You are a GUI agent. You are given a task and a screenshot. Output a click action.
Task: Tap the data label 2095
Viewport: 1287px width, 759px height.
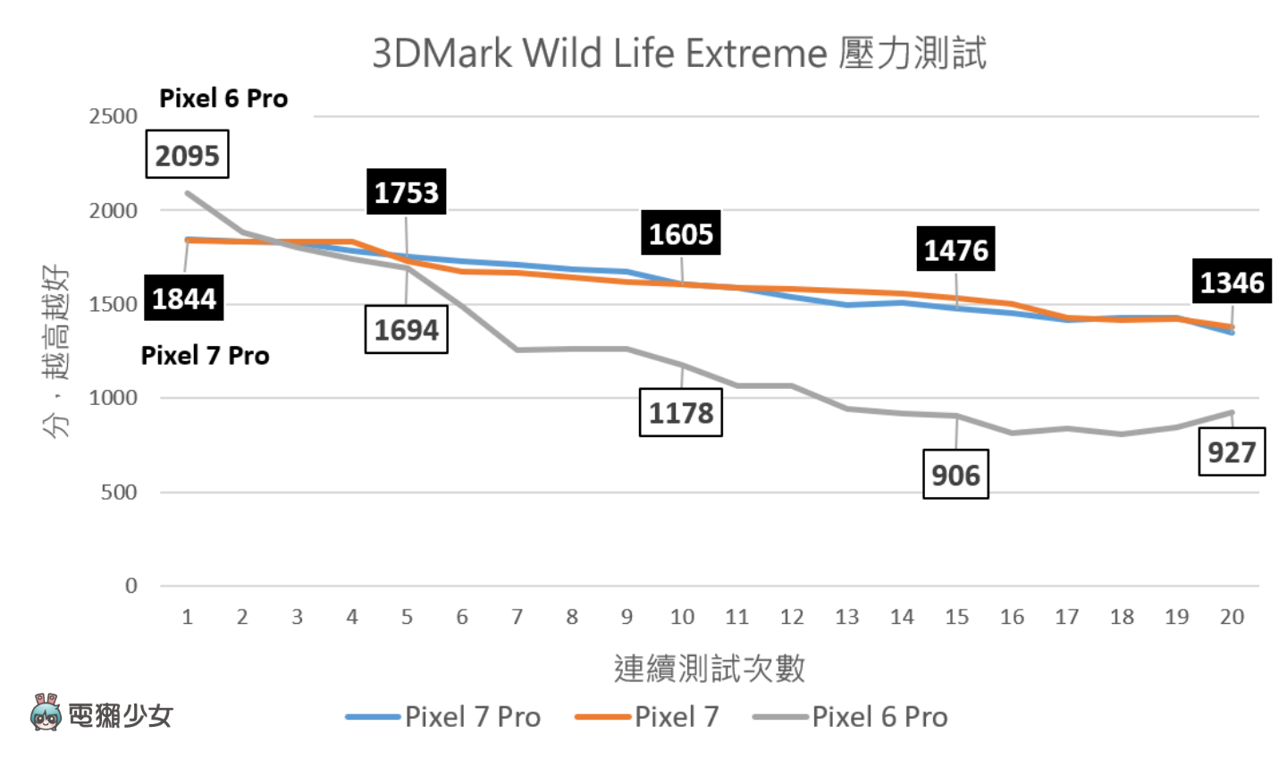tap(188, 155)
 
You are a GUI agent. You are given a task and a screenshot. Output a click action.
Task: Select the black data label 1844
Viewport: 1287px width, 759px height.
tap(184, 298)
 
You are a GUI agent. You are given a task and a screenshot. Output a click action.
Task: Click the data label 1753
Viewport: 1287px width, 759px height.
tap(406, 192)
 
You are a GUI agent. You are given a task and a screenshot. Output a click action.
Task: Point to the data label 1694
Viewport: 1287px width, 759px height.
tap(406, 330)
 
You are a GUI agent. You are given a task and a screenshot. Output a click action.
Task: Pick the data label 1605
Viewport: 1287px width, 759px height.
tap(681, 233)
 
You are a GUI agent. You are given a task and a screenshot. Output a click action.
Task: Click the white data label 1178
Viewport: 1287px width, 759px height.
tap(681, 412)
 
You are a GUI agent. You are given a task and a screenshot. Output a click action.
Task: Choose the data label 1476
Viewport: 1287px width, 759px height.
tap(955, 249)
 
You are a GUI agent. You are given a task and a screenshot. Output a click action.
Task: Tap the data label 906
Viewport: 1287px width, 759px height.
tap(955, 474)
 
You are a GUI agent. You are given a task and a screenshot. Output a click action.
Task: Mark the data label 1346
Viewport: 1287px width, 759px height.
tap(1232, 282)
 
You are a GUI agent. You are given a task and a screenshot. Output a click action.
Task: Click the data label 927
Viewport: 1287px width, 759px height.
tap(1232, 451)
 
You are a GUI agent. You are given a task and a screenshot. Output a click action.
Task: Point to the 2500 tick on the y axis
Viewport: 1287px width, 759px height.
tap(114, 116)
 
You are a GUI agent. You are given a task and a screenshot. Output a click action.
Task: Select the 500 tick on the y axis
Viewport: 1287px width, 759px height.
tap(119, 492)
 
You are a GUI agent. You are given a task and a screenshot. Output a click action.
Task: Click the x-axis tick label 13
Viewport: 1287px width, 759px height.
tap(846, 617)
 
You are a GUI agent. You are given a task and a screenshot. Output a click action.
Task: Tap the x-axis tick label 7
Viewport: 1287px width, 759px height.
tap(517, 617)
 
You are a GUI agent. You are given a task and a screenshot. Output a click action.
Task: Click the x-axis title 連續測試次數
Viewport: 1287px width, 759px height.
tap(710, 668)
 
